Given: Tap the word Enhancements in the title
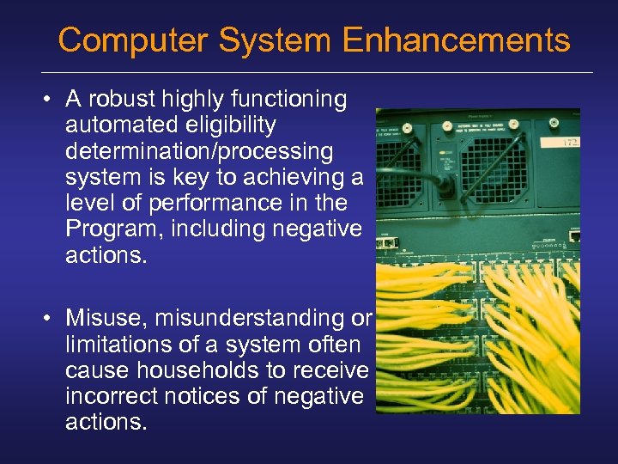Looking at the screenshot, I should (x=456, y=40).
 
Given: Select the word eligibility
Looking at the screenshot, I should (x=222, y=125).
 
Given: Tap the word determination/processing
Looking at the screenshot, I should (x=199, y=151).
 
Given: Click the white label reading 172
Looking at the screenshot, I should (x=570, y=143).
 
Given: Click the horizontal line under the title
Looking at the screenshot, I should (x=318, y=72).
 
